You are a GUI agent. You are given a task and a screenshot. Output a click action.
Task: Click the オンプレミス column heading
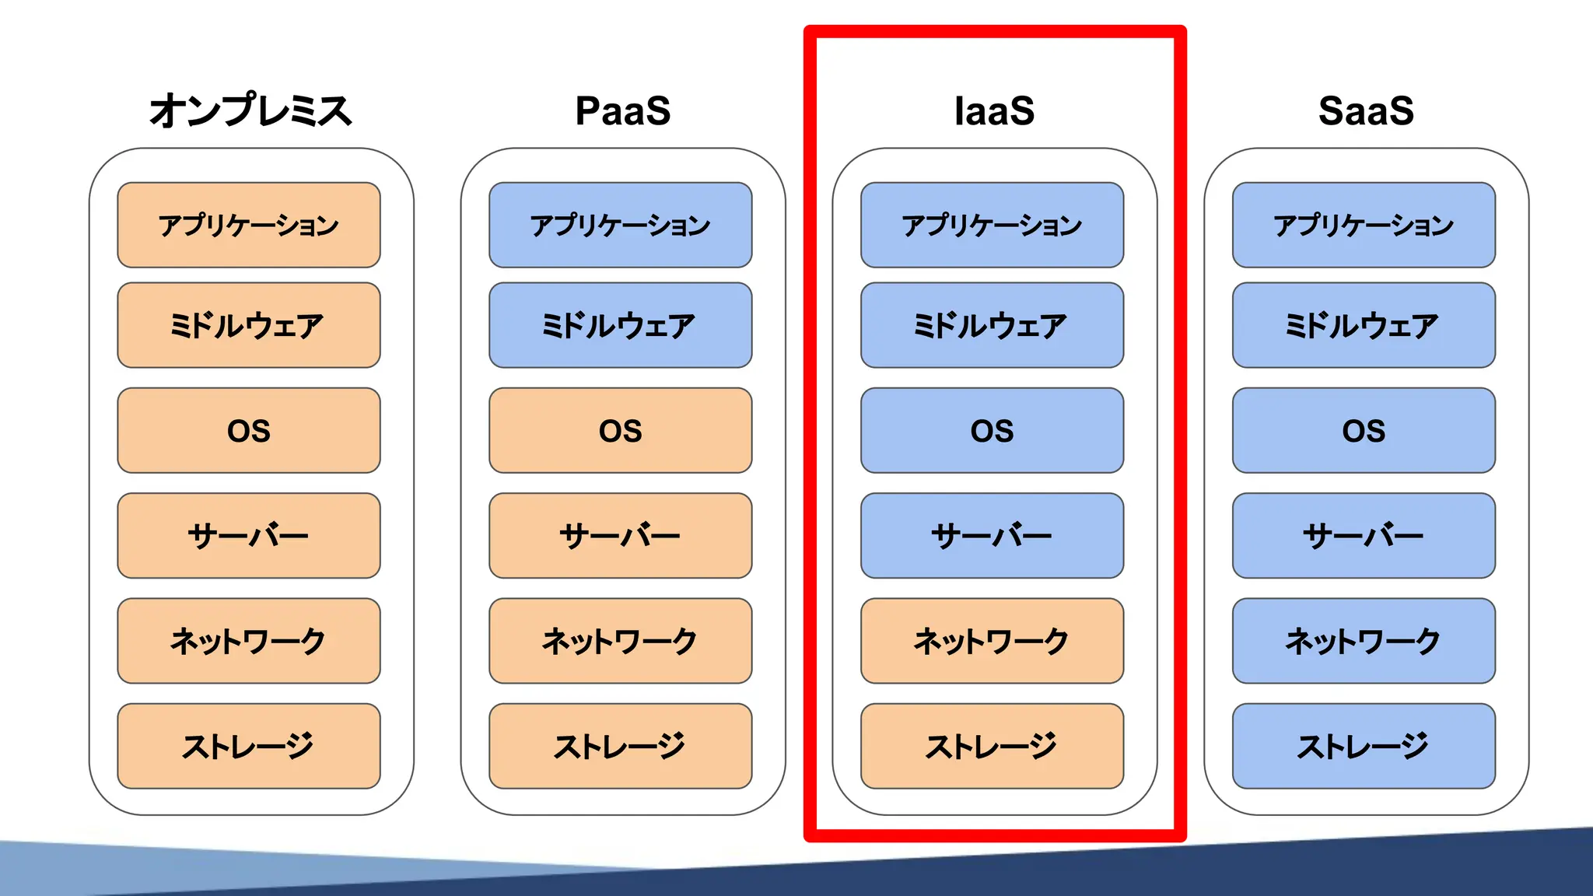click(250, 110)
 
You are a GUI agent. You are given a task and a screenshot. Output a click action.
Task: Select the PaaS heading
click(622, 110)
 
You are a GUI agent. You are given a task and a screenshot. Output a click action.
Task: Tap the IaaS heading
click(994, 110)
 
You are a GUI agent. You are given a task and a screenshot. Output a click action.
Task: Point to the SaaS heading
click(1366, 110)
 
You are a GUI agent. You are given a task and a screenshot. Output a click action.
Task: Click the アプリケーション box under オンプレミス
click(249, 225)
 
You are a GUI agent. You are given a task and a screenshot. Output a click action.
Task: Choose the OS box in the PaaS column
click(621, 430)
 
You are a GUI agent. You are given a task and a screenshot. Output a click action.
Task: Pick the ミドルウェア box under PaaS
click(621, 325)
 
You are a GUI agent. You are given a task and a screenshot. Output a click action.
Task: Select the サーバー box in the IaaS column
click(992, 535)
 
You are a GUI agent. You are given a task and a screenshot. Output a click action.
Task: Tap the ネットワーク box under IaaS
click(992, 641)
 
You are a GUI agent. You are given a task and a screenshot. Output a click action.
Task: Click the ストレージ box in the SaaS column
click(1364, 746)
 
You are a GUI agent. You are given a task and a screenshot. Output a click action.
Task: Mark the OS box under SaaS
click(1364, 430)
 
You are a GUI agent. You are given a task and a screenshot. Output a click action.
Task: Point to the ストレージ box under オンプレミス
click(249, 746)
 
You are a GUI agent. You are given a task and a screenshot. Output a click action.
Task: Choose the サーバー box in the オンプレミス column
click(249, 535)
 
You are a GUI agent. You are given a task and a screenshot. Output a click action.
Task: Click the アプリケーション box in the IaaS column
click(992, 225)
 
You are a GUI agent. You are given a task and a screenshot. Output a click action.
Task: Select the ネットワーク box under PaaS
click(621, 641)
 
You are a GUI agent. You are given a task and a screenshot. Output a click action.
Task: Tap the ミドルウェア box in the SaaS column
click(1364, 325)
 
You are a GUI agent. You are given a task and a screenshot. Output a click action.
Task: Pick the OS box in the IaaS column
click(992, 430)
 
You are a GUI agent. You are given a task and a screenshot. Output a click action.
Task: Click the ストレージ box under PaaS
click(621, 746)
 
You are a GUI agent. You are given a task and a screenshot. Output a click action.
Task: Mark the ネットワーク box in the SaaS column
click(1364, 641)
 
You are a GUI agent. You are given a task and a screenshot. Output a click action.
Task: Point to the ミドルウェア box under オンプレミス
click(249, 325)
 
